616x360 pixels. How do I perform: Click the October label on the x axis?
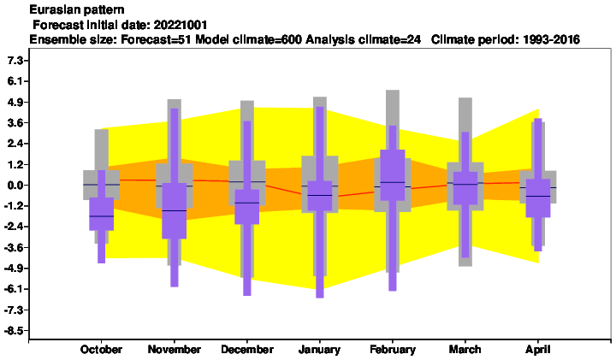[x=101, y=350]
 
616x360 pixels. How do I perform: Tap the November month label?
[x=174, y=350]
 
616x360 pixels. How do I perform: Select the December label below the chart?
[x=247, y=350]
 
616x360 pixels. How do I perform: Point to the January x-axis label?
[x=319, y=350]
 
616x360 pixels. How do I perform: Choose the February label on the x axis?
[x=393, y=350]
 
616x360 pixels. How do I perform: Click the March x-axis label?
[x=465, y=350]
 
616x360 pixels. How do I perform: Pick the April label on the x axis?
[x=538, y=350]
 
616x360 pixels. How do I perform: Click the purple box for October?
[x=101, y=214]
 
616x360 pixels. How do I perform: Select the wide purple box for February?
[x=393, y=175]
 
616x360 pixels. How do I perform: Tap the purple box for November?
[x=174, y=211]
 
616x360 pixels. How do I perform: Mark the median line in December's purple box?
[x=247, y=203]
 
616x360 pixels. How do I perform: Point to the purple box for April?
[x=538, y=198]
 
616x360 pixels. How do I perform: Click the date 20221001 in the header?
[x=181, y=25]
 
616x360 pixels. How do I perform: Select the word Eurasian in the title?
[x=53, y=9]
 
